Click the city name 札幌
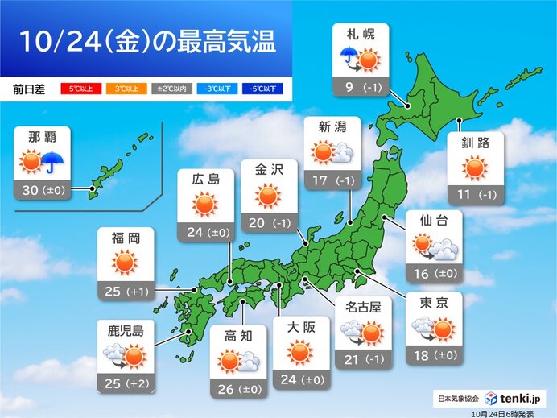point(360,35)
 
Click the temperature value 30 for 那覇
point(34,191)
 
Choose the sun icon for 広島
point(205,206)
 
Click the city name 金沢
point(269,172)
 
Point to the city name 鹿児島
point(125,329)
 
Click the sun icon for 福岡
point(125,263)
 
